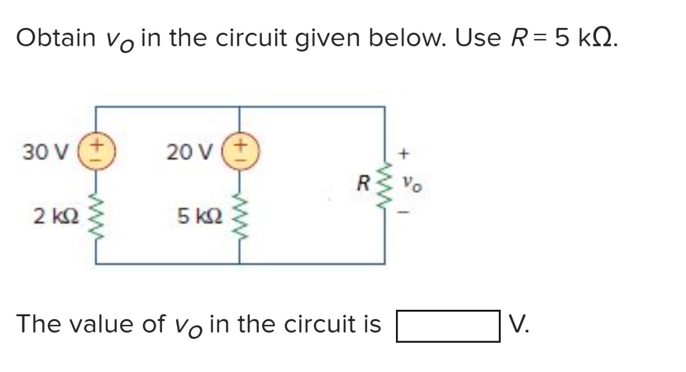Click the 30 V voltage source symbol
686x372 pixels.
pos(96,152)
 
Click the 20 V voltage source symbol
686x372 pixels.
pos(240,152)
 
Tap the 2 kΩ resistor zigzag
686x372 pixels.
pos(96,217)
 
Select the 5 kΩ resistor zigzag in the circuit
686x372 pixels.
pos(240,217)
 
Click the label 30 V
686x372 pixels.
pos(45,153)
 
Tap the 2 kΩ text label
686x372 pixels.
pos(56,217)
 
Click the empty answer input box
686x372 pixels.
pos(448,325)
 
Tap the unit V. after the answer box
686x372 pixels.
pos(518,324)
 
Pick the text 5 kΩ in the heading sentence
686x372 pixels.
pos(585,38)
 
